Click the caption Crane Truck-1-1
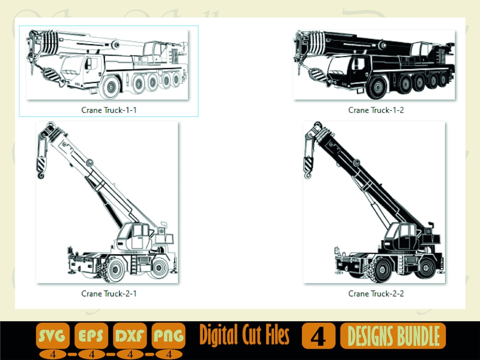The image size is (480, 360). click(109, 110)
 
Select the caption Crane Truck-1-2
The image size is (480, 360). click(376, 110)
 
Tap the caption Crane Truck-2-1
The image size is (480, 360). click(109, 293)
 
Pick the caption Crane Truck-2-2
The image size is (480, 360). click(376, 293)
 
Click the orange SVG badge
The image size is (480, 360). click(53, 336)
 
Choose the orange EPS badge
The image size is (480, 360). click(91, 336)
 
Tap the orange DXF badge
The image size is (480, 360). click(130, 336)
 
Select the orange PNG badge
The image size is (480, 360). click(168, 336)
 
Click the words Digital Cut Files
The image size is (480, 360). click(244, 336)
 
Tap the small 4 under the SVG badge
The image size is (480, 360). click(53, 354)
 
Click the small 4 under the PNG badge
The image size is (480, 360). click(168, 354)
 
